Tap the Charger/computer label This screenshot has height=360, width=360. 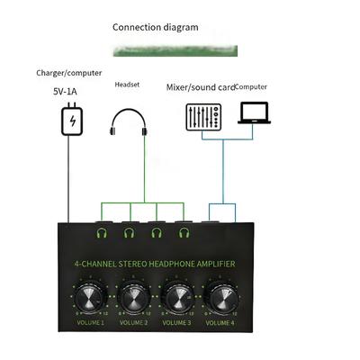tap(69, 72)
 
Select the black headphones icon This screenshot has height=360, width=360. tap(128, 120)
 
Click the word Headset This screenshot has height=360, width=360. tap(128, 85)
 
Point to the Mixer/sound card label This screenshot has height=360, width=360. tap(200, 87)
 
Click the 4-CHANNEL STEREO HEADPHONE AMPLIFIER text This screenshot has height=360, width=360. tap(154, 264)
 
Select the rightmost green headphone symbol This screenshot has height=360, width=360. tap(184, 233)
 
